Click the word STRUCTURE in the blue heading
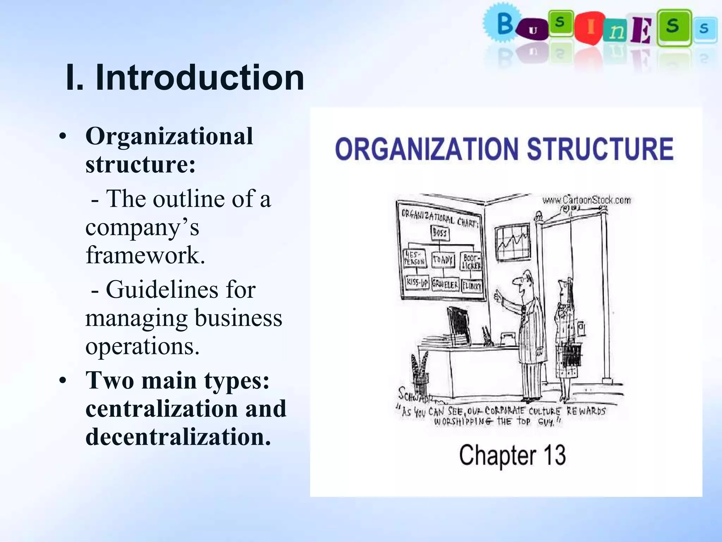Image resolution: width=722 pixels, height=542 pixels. coord(600,149)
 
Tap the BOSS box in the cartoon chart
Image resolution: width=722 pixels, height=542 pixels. coord(440,233)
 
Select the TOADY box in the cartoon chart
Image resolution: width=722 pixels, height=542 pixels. coord(443,260)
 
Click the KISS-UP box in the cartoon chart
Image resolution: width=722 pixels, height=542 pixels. coord(417,283)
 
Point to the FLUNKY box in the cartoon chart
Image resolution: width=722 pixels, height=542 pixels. coord(472,285)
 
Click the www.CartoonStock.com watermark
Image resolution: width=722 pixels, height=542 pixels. coord(586,200)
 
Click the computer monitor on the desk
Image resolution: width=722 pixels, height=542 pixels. coord(459,325)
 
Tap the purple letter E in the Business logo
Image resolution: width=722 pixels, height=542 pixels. coord(641,31)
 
